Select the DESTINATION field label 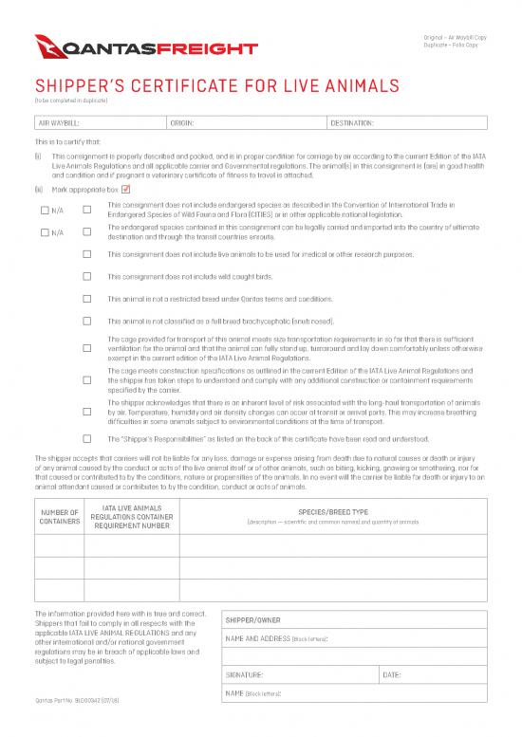(x=353, y=123)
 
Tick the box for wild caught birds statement (x=87, y=276)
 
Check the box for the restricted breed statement (x=87, y=298)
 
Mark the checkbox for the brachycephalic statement (x=87, y=320)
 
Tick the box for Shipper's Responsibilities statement (x=87, y=438)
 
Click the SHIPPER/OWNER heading (x=252, y=622)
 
